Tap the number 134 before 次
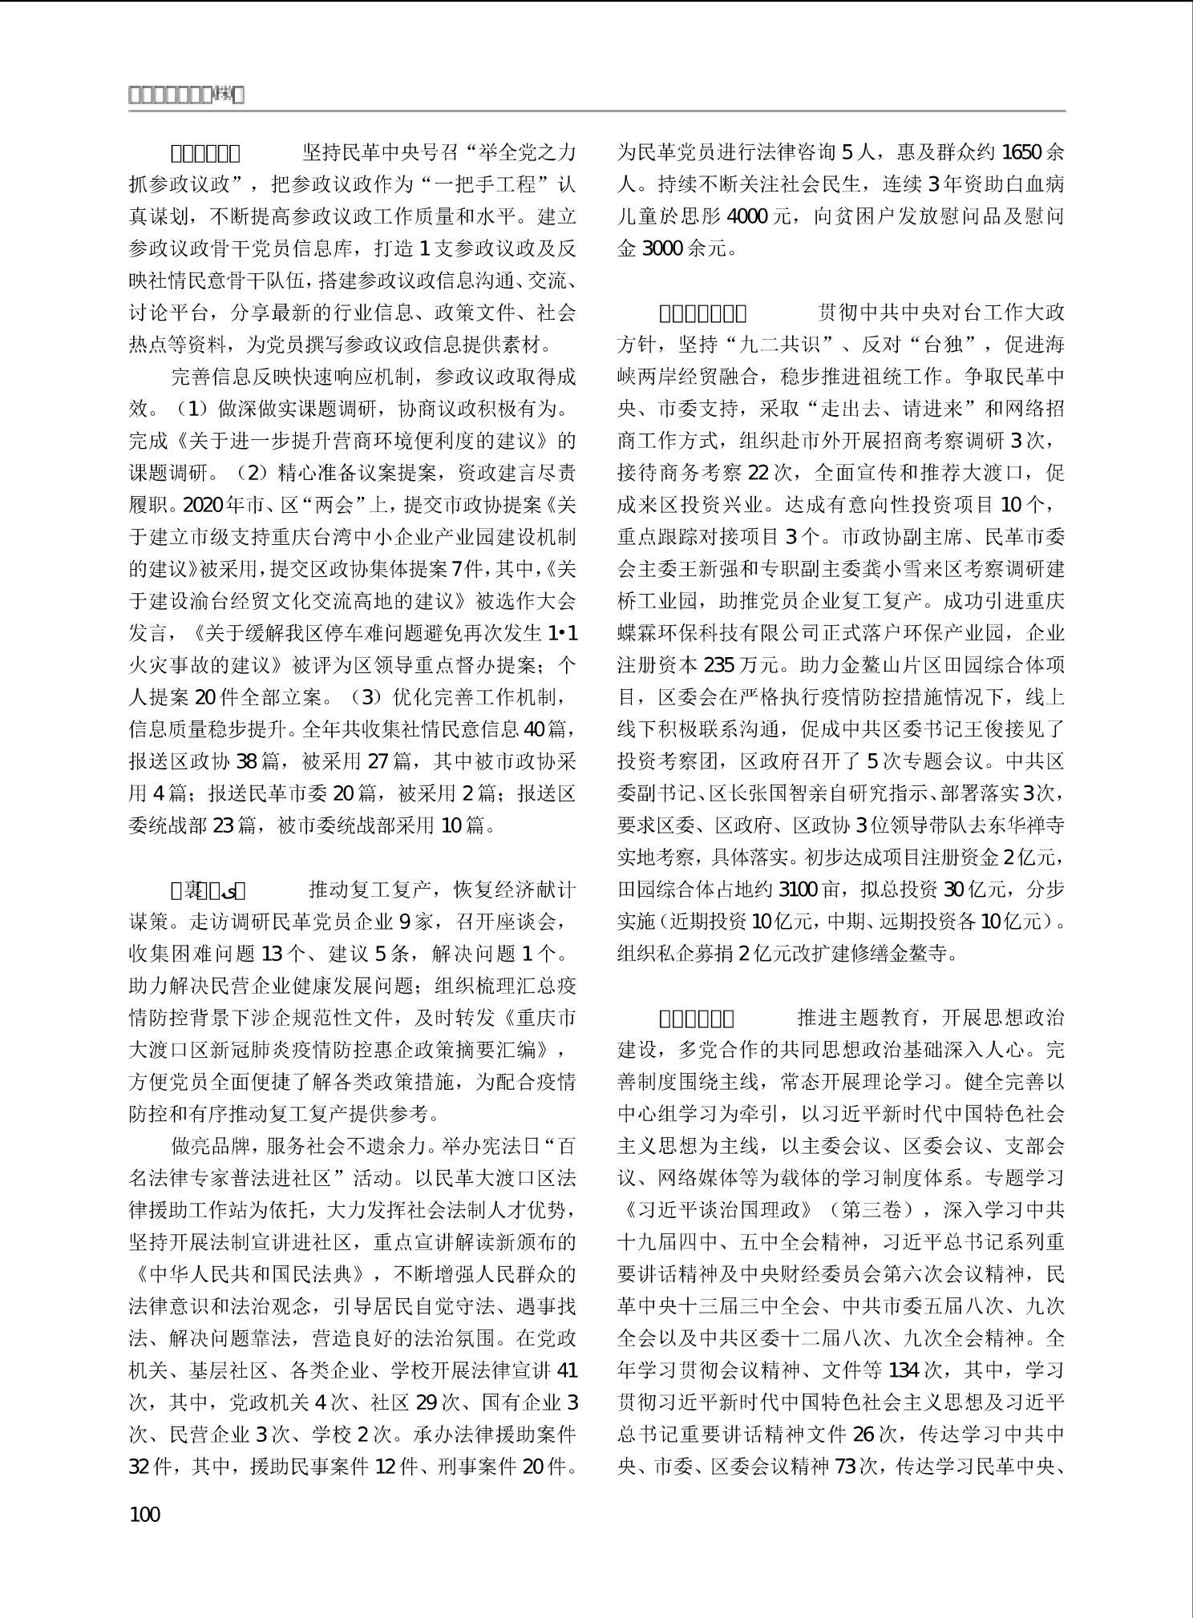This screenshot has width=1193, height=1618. pyautogui.click(x=903, y=1370)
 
